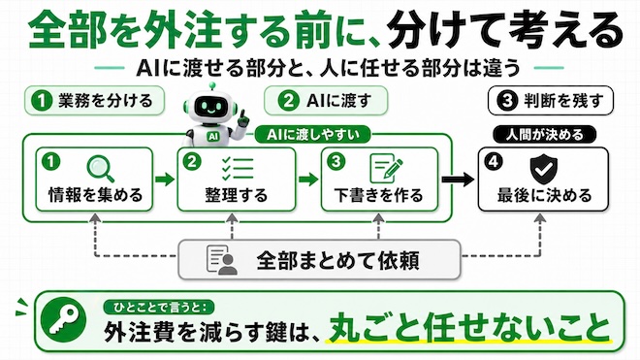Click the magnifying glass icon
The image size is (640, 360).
(x=101, y=169)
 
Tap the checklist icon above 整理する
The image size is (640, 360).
(x=238, y=168)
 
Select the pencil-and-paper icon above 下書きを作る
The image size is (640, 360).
(x=386, y=168)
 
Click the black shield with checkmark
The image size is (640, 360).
(x=543, y=169)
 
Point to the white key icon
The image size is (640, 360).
(x=64, y=320)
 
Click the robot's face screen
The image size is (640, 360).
(x=210, y=107)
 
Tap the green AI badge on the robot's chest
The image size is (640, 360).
(x=212, y=137)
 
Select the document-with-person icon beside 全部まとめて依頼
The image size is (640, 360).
(x=222, y=259)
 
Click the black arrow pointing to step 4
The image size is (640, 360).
(x=458, y=179)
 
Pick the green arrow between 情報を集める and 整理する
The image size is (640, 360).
(x=165, y=179)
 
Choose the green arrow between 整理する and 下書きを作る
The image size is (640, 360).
(x=308, y=179)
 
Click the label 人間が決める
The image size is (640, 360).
(x=545, y=134)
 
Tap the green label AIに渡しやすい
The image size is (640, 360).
(x=312, y=134)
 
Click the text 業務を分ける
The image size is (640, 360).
(x=106, y=101)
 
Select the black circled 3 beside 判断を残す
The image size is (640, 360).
(x=507, y=101)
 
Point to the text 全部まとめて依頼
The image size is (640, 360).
(x=338, y=260)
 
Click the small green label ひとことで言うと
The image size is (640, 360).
(x=159, y=308)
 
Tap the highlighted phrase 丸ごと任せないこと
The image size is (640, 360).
(x=469, y=327)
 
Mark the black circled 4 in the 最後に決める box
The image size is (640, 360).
(x=494, y=161)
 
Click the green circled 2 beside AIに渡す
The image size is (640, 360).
(x=289, y=101)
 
